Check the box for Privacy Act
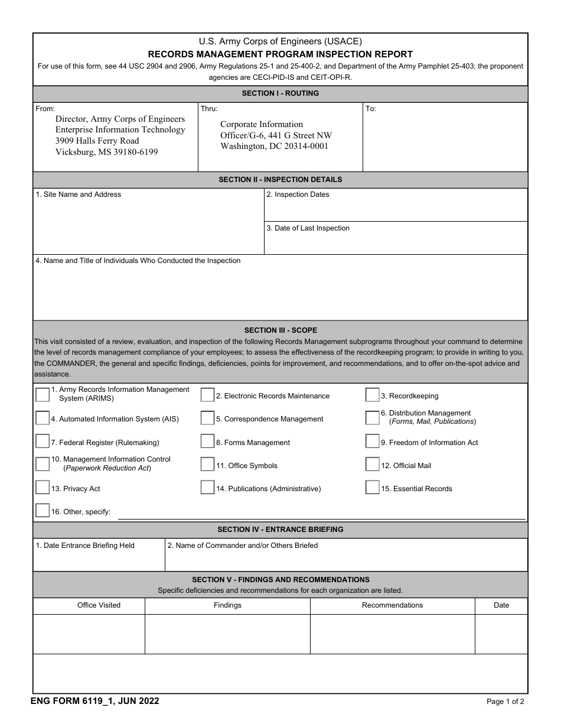pos(43,488)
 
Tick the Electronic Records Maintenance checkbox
pos(207,395)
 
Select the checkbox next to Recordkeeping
pos(372,395)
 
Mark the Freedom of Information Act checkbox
pos(372,442)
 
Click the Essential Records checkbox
pos(372,488)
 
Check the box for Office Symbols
pos(207,465)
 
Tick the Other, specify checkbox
pos(43,511)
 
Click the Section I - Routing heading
pos(280,93)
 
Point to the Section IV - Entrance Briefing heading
pos(280,530)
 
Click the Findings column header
pos(227,605)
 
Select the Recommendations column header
pos(393,605)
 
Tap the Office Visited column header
pos(99,605)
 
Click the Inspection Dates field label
pos(298,194)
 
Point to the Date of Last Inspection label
pos(308,228)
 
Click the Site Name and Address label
pos(78,194)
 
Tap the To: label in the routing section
pos(371,109)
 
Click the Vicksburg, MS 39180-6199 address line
pos(106,152)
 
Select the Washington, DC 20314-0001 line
pos(274,147)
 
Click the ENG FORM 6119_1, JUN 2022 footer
pos(95,702)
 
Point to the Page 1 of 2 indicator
pos(505,702)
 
